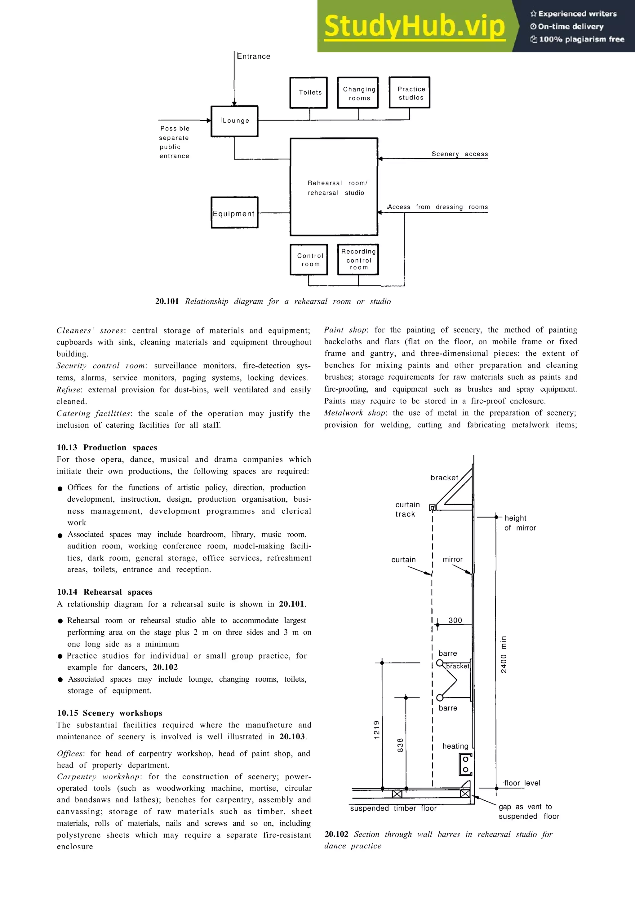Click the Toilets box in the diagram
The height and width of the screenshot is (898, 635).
click(x=309, y=93)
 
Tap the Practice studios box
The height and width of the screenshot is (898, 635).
click(x=410, y=93)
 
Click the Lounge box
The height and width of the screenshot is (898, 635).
click(x=234, y=121)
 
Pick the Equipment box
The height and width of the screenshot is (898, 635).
click(x=234, y=213)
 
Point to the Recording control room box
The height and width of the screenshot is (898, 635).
click(x=358, y=260)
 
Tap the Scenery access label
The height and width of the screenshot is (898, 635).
click(x=460, y=154)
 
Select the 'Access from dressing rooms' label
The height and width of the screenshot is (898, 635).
click(x=438, y=207)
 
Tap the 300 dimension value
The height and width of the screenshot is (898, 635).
click(x=455, y=620)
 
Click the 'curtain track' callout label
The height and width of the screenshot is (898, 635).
click(x=407, y=509)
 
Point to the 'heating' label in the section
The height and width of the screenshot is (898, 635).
click(x=455, y=746)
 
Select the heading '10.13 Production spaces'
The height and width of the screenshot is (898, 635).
click(x=107, y=447)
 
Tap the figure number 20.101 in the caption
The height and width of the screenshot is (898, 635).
click(x=167, y=301)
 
